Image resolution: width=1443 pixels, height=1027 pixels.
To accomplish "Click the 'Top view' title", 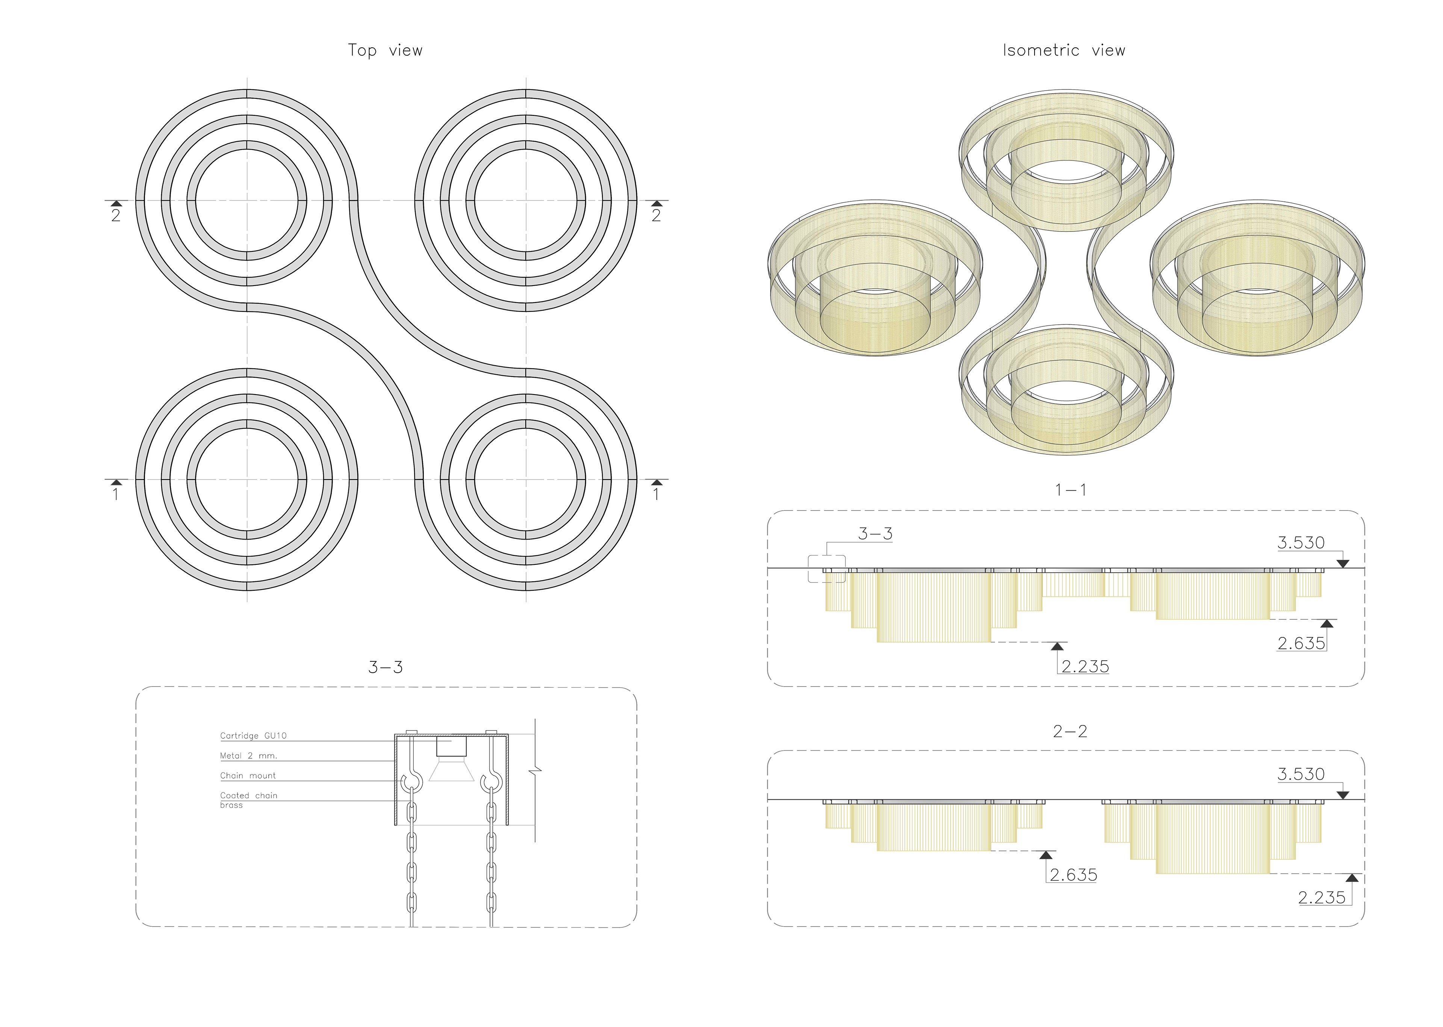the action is (385, 51).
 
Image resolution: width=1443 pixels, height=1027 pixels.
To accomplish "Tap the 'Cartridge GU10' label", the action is (253, 735).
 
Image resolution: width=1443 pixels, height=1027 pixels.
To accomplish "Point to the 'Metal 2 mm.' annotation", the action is (248, 756).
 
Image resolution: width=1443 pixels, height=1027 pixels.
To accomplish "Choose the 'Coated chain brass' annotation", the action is (248, 800).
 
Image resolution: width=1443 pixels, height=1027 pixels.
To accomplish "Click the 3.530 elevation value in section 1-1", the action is (1301, 543).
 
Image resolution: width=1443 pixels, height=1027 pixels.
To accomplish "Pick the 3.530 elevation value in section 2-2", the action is (1301, 774).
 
